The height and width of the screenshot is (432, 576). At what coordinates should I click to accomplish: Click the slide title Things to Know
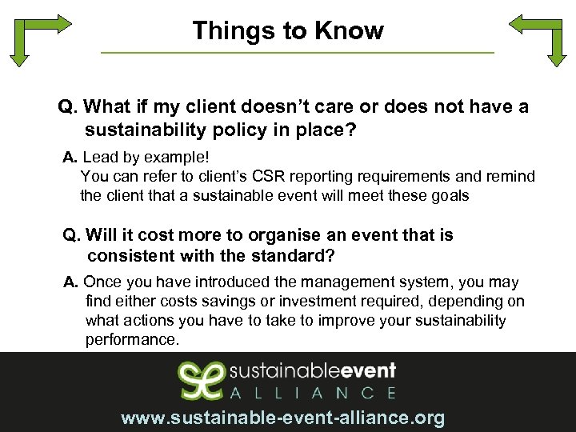[288, 31]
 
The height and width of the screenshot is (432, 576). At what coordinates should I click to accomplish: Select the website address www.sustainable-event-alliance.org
[282, 418]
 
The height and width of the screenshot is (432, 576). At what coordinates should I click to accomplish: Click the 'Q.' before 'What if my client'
[67, 107]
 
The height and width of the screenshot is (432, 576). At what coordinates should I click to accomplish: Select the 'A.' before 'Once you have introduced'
[71, 282]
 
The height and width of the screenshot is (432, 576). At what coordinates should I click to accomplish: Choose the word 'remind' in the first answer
[512, 176]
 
